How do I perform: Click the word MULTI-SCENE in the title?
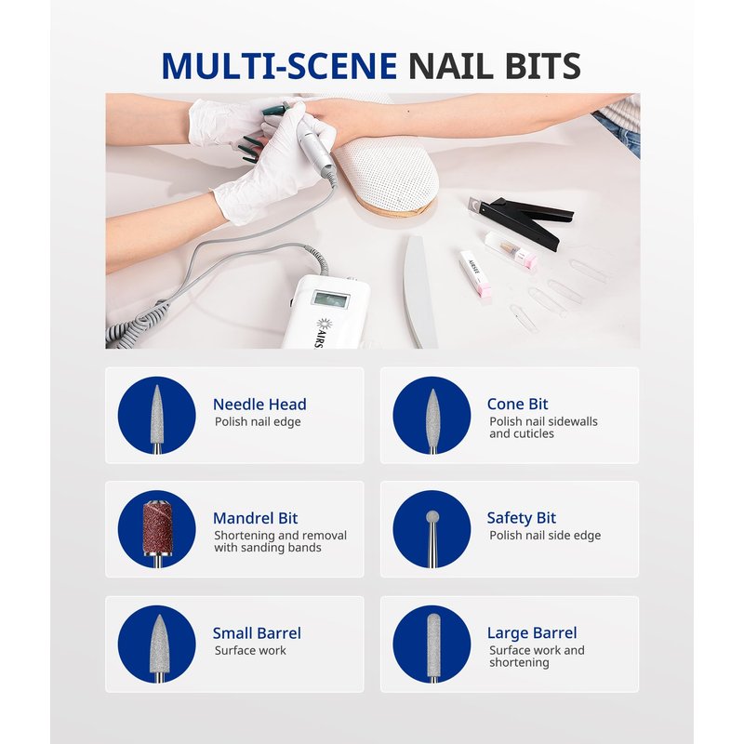tap(279, 65)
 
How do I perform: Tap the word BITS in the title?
tap(543, 65)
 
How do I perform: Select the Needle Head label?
tap(259, 405)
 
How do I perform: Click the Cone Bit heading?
tap(517, 404)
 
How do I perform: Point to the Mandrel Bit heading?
tap(255, 518)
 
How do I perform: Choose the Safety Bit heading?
tap(521, 518)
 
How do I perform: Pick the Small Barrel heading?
tap(257, 633)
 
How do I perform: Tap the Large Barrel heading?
tap(532, 633)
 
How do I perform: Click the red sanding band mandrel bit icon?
tap(157, 529)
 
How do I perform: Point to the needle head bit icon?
tap(156, 418)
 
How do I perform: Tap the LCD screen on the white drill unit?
tap(331, 300)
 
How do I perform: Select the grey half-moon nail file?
tap(419, 290)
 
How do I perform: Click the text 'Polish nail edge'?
tap(258, 422)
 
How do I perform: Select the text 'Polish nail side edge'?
tap(545, 536)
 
